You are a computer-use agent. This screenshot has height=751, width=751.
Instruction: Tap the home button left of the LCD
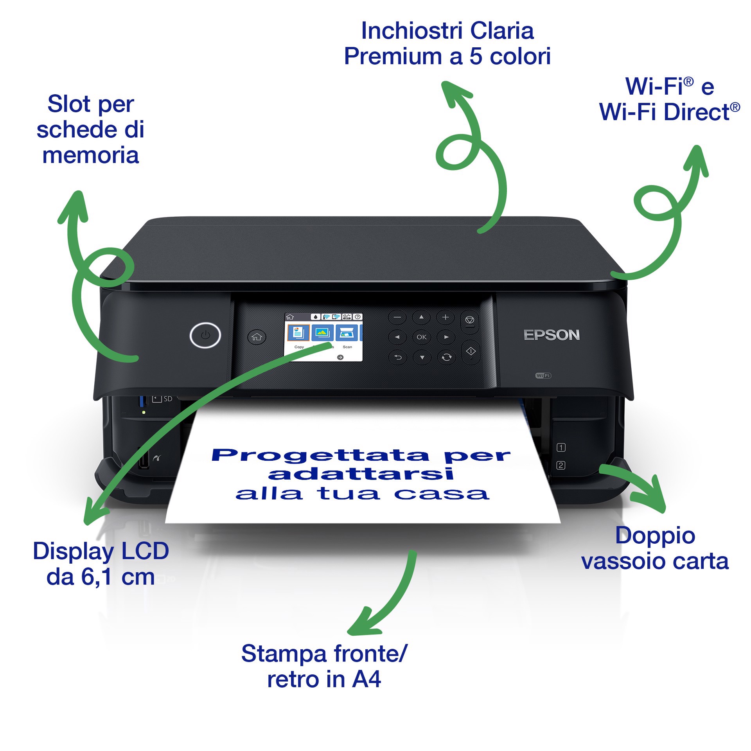tap(257, 337)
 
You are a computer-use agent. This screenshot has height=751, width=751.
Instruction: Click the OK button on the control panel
tap(421, 337)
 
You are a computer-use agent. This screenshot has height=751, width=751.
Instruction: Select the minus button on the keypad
tap(397, 317)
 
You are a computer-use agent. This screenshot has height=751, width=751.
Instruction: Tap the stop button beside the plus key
tap(470, 321)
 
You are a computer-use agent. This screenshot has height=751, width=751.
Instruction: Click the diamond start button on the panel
tap(471, 352)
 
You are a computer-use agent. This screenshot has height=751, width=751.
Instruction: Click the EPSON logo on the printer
tap(552, 335)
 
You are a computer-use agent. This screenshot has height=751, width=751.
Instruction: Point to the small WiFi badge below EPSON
tap(543, 375)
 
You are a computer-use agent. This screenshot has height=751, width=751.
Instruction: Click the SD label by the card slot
tap(168, 399)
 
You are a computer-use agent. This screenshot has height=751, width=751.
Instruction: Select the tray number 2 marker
tap(561, 465)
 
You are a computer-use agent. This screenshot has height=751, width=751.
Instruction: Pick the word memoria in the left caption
tap(90, 155)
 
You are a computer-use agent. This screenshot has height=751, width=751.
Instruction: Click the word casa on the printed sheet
tap(442, 494)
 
